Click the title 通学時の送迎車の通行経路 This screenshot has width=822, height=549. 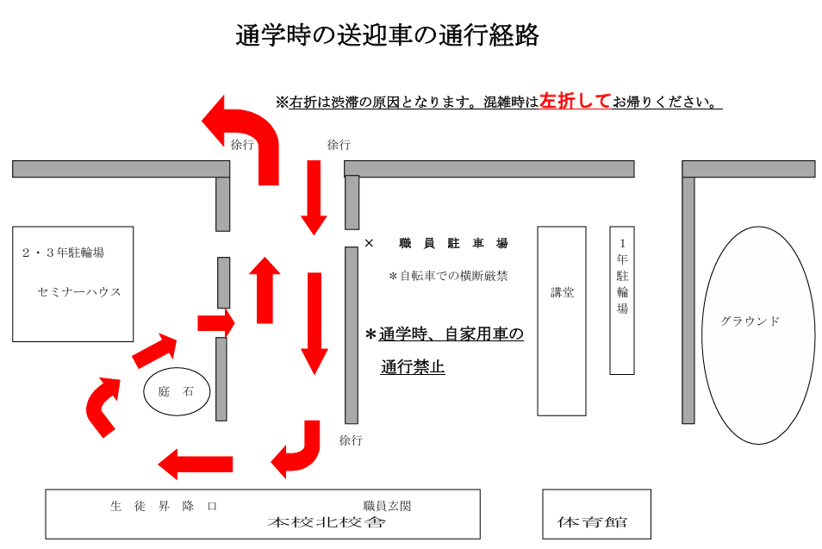click(x=387, y=36)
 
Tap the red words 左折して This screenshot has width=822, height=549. click(x=575, y=101)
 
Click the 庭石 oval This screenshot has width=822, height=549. click(x=177, y=391)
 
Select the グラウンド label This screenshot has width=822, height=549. click(x=750, y=321)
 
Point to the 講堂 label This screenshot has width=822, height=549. click(x=562, y=292)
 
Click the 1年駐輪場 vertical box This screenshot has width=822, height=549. click(x=622, y=299)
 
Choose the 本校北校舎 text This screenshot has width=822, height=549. click(x=327, y=522)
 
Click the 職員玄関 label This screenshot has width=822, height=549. click(x=387, y=506)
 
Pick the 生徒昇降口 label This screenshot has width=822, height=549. click(x=163, y=506)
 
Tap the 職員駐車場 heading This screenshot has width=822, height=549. click(x=453, y=244)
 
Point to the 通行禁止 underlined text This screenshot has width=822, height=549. click(x=413, y=367)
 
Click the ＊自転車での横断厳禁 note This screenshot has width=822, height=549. click(x=448, y=277)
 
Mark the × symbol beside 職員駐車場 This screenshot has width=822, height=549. click(x=369, y=244)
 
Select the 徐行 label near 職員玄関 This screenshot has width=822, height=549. click(x=351, y=440)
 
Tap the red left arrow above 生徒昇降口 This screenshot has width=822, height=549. click(x=196, y=465)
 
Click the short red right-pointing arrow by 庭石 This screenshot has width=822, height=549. click(x=216, y=323)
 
